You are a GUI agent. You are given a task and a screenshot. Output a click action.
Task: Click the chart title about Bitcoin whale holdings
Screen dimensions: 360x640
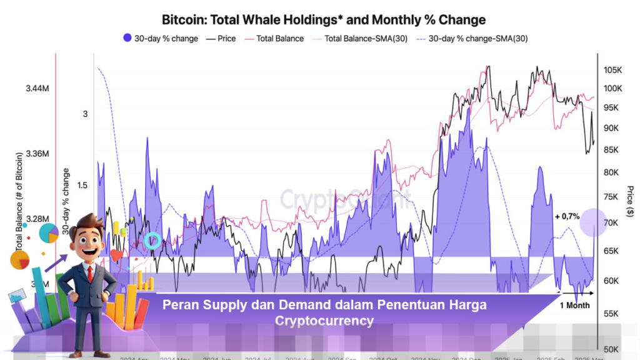[323, 20]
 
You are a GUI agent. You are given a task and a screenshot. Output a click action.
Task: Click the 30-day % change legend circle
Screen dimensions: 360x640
[127, 39]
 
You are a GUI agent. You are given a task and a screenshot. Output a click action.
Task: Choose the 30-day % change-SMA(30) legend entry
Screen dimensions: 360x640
[474, 39]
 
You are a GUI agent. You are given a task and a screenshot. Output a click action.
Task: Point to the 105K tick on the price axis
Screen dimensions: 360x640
[612, 69]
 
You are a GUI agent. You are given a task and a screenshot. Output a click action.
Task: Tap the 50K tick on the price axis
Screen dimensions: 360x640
[612, 349]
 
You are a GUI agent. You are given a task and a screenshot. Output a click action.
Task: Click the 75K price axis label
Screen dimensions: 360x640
[612, 197]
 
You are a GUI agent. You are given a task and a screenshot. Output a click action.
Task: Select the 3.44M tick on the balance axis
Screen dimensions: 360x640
[37, 89]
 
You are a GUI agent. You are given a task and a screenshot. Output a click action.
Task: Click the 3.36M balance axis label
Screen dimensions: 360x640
[37, 154]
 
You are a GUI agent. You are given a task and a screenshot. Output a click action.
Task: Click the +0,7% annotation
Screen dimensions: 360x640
[567, 216]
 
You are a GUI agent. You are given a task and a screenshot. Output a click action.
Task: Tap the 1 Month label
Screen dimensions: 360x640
[574, 305]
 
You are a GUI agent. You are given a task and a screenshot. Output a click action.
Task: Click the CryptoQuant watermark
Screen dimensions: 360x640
[344, 199]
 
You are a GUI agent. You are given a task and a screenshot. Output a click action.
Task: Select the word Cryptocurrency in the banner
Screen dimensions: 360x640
[324, 321]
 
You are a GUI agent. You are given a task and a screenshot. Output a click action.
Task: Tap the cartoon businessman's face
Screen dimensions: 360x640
[88, 241]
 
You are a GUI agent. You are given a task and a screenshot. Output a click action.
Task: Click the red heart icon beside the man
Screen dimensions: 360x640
[117, 256]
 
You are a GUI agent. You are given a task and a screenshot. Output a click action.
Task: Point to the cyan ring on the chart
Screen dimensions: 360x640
[152, 240]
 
